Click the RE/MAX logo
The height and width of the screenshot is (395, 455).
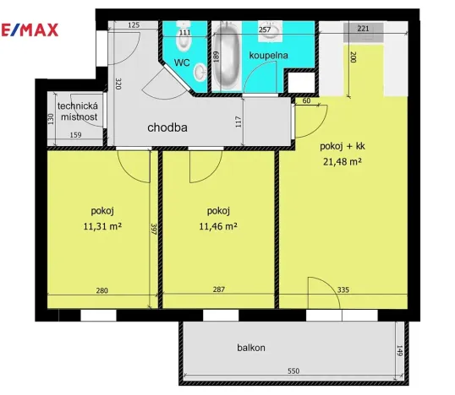(29, 30)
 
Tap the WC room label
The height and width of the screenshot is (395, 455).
(182, 62)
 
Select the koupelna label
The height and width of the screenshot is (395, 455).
(268, 56)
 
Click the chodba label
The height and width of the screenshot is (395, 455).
(167, 128)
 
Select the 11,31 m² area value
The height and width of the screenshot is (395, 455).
(102, 226)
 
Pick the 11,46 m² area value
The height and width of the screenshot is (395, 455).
(217, 226)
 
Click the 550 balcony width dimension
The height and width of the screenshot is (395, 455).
(292, 371)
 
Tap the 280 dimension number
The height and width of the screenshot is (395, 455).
(101, 290)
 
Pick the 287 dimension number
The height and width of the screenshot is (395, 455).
(218, 290)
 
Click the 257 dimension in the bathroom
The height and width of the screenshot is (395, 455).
(264, 30)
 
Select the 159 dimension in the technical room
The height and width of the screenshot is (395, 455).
(75, 134)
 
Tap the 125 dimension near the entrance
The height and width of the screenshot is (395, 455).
(134, 26)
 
